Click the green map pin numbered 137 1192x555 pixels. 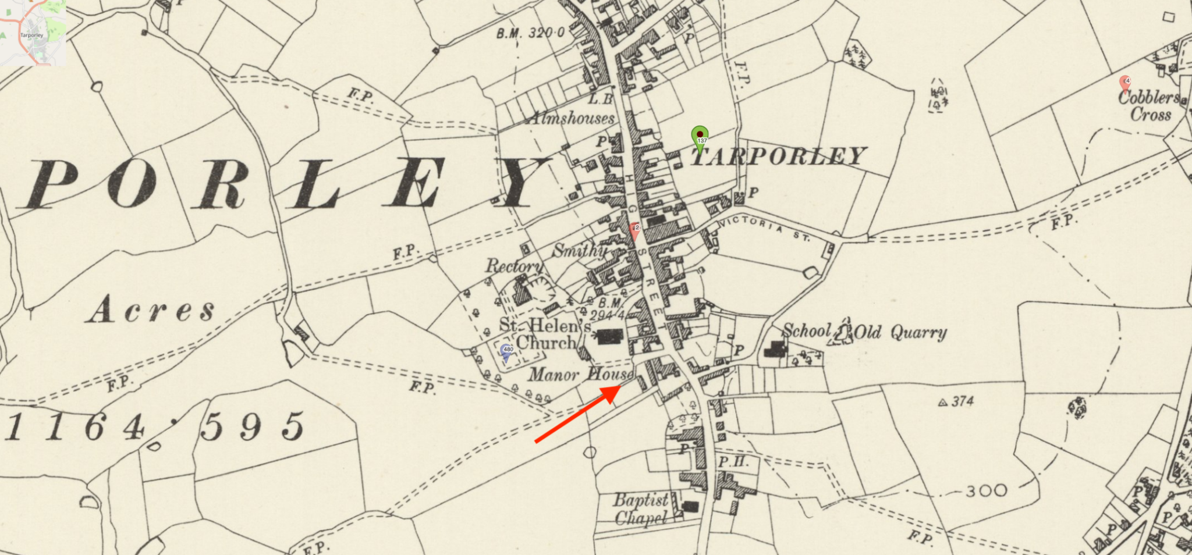coord(700,136)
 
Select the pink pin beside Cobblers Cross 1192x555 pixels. coord(1125,83)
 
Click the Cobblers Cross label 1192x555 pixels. coord(1150,105)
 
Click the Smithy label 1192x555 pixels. coord(579,250)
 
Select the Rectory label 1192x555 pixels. coord(514,266)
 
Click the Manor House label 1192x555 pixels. coord(580,374)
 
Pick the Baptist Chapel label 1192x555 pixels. coord(641,508)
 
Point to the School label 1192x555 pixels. coord(807,330)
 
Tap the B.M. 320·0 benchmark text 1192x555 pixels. coord(530,33)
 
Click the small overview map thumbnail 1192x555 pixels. coord(33,33)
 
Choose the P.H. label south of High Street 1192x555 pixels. coord(731,462)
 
